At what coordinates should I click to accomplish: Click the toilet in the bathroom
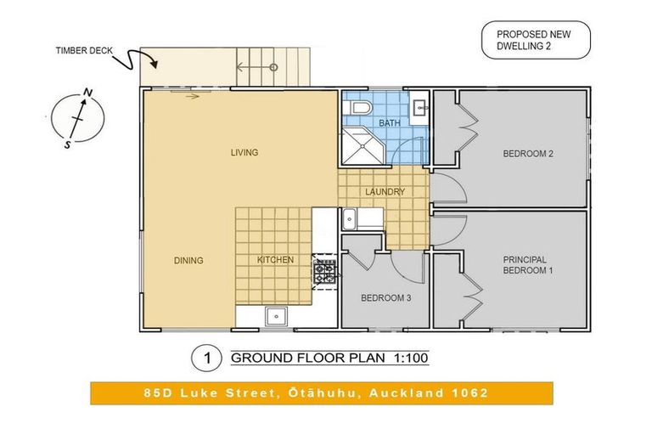pos(357,108)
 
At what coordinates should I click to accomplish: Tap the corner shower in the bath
pos(364,145)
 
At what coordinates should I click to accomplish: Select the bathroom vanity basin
pos(419,108)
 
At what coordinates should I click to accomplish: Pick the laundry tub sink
pos(349,218)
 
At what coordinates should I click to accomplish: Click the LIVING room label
pos(244,153)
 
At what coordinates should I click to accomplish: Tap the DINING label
pos(188,261)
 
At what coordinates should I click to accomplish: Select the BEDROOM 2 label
pos(528,154)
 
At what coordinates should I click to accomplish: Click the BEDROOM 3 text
pos(386,298)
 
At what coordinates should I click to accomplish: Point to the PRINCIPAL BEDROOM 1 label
pos(528,265)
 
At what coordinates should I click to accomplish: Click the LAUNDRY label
pos(385,192)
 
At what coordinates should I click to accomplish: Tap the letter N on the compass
pos(87,93)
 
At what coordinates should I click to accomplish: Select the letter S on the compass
pos(67,145)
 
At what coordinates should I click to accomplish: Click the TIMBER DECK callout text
pos(84,51)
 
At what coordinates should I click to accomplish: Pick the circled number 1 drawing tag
pos(206,358)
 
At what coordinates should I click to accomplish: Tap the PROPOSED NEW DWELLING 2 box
pos(536,40)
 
